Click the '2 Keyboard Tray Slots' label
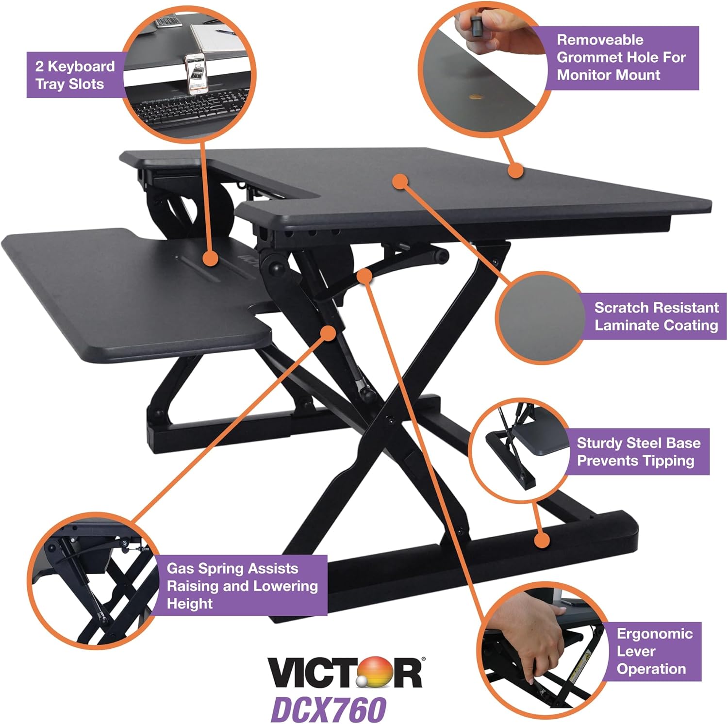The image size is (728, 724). click(x=75, y=75)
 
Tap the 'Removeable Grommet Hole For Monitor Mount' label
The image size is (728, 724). click(x=621, y=57)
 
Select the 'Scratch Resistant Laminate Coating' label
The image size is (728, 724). click(x=656, y=316)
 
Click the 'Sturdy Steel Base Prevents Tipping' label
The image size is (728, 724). click(x=638, y=452)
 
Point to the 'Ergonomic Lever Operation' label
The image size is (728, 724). click(x=654, y=651)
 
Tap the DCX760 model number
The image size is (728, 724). click(x=328, y=709)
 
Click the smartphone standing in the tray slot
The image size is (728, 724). click(x=197, y=73)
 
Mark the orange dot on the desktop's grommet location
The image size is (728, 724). click(x=516, y=170)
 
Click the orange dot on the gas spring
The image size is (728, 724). click(x=329, y=332)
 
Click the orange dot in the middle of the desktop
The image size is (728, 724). click(x=400, y=181)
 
